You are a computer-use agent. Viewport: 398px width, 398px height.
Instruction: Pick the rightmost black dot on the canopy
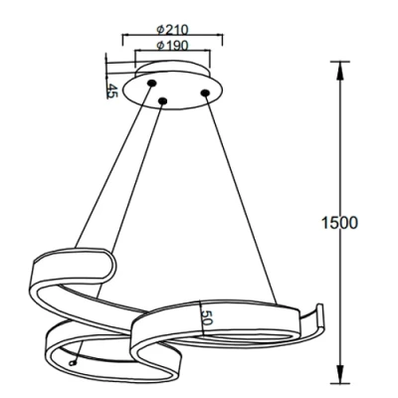(205, 94)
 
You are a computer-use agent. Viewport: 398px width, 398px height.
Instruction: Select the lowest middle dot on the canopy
(161, 99)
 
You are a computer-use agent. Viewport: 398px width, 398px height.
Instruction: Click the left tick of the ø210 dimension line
(121, 41)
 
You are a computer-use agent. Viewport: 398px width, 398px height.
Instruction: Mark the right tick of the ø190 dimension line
(212, 58)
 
